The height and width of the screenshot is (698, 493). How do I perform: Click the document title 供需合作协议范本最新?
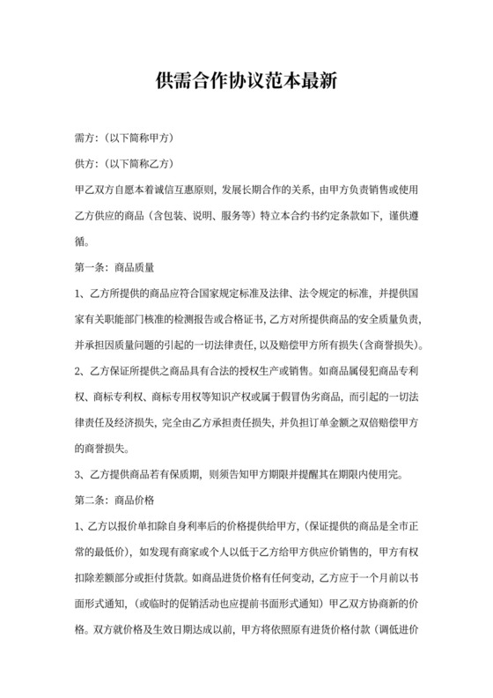tap(246, 83)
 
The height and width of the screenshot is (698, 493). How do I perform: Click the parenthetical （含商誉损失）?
tap(384, 342)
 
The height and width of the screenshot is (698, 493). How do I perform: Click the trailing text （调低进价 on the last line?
tap(396, 629)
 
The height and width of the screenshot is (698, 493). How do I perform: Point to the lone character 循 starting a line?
tap(82, 240)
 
